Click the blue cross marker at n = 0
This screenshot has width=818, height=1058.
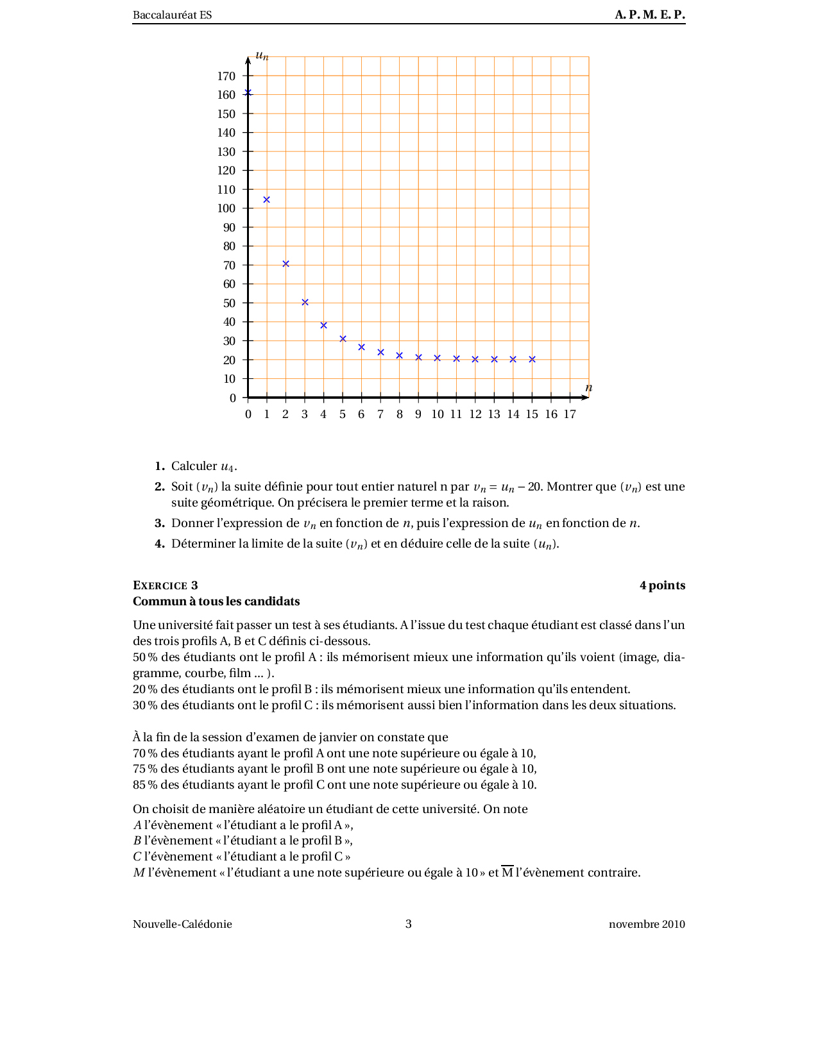tap(248, 93)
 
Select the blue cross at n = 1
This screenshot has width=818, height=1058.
tap(267, 200)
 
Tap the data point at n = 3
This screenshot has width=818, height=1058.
tap(305, 302)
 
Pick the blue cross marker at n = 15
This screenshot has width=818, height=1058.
tap(532, 359)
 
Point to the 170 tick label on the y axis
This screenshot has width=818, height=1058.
tap(226, 76)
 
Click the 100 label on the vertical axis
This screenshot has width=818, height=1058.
tap(226, 208)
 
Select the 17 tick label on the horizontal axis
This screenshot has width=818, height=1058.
tap(570, 414)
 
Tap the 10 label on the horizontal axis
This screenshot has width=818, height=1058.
tap(438, 414)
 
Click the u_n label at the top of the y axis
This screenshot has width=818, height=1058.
tap(262, 56)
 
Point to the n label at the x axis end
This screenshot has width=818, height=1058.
tap(589, 388)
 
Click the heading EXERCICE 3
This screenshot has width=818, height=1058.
tap(166, 585)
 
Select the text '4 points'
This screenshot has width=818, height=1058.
tap(662, 585)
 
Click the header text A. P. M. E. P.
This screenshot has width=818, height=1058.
tap(650, 15)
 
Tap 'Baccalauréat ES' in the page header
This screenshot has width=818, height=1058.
tap(172, 15)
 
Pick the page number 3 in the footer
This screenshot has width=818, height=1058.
tap(409, 924)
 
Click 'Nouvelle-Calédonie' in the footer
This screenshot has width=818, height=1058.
tap(182, 924)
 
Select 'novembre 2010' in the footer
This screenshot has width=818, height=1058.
tap(647, 924)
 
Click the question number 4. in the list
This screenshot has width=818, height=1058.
tap(160, 544)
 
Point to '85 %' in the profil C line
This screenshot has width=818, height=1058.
tap(145, 785)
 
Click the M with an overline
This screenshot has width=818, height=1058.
tap(507, 873)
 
